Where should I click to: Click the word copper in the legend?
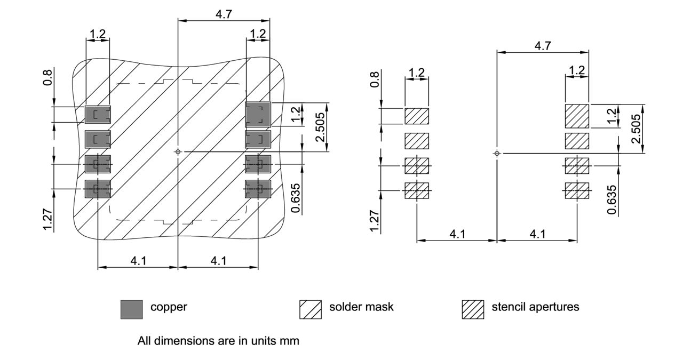(x=169, y=307)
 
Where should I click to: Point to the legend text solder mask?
(x=361, y=307)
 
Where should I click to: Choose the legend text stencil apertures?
(x=535, y=307)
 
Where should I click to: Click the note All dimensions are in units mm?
(x=218, y=340)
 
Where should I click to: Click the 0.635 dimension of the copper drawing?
(x=296, y=198)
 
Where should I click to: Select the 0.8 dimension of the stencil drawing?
(x=375, y=80)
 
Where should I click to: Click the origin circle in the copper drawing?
(x=178, y=152)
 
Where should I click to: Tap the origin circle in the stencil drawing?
(x=497, y=154)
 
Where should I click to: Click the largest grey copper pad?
(x=258, y=114)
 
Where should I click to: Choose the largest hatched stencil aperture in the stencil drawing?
(x=577, y=116)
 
